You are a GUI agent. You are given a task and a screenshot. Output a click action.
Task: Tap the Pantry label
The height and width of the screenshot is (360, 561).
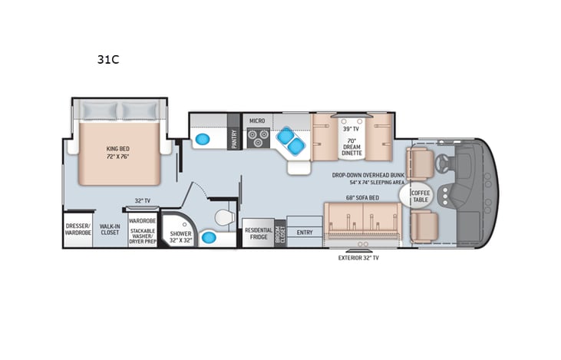234,138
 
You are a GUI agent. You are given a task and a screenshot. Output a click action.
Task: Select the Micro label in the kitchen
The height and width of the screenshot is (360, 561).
256,121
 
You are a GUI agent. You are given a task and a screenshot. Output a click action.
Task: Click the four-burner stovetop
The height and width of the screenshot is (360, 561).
256,139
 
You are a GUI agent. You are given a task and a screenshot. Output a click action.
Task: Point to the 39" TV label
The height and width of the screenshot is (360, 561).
351,129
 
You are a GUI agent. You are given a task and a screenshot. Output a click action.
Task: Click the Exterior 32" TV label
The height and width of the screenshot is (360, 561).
358,258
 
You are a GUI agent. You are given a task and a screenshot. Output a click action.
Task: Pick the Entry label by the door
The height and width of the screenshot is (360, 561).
305,232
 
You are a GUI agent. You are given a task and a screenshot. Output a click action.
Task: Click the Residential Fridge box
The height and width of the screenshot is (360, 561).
257,233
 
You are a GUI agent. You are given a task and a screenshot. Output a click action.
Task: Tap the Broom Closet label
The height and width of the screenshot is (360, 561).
280,233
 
